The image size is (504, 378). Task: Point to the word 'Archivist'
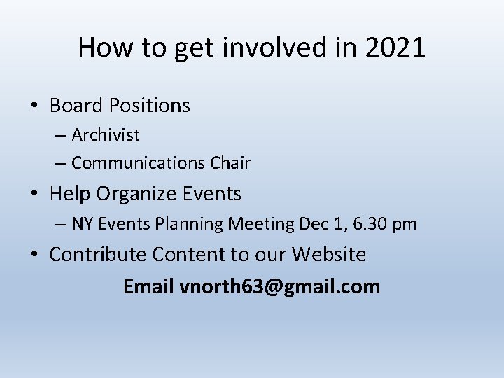pos(106,134)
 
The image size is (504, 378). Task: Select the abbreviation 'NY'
pos(83,224)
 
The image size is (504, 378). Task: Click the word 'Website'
pos(329,254)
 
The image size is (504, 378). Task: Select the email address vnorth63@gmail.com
pos(280,286)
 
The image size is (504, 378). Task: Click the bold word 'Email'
pos(149,286)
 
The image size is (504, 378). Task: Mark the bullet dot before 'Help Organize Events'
pos(34,195)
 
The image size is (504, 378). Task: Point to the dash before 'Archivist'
pos(59,135)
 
